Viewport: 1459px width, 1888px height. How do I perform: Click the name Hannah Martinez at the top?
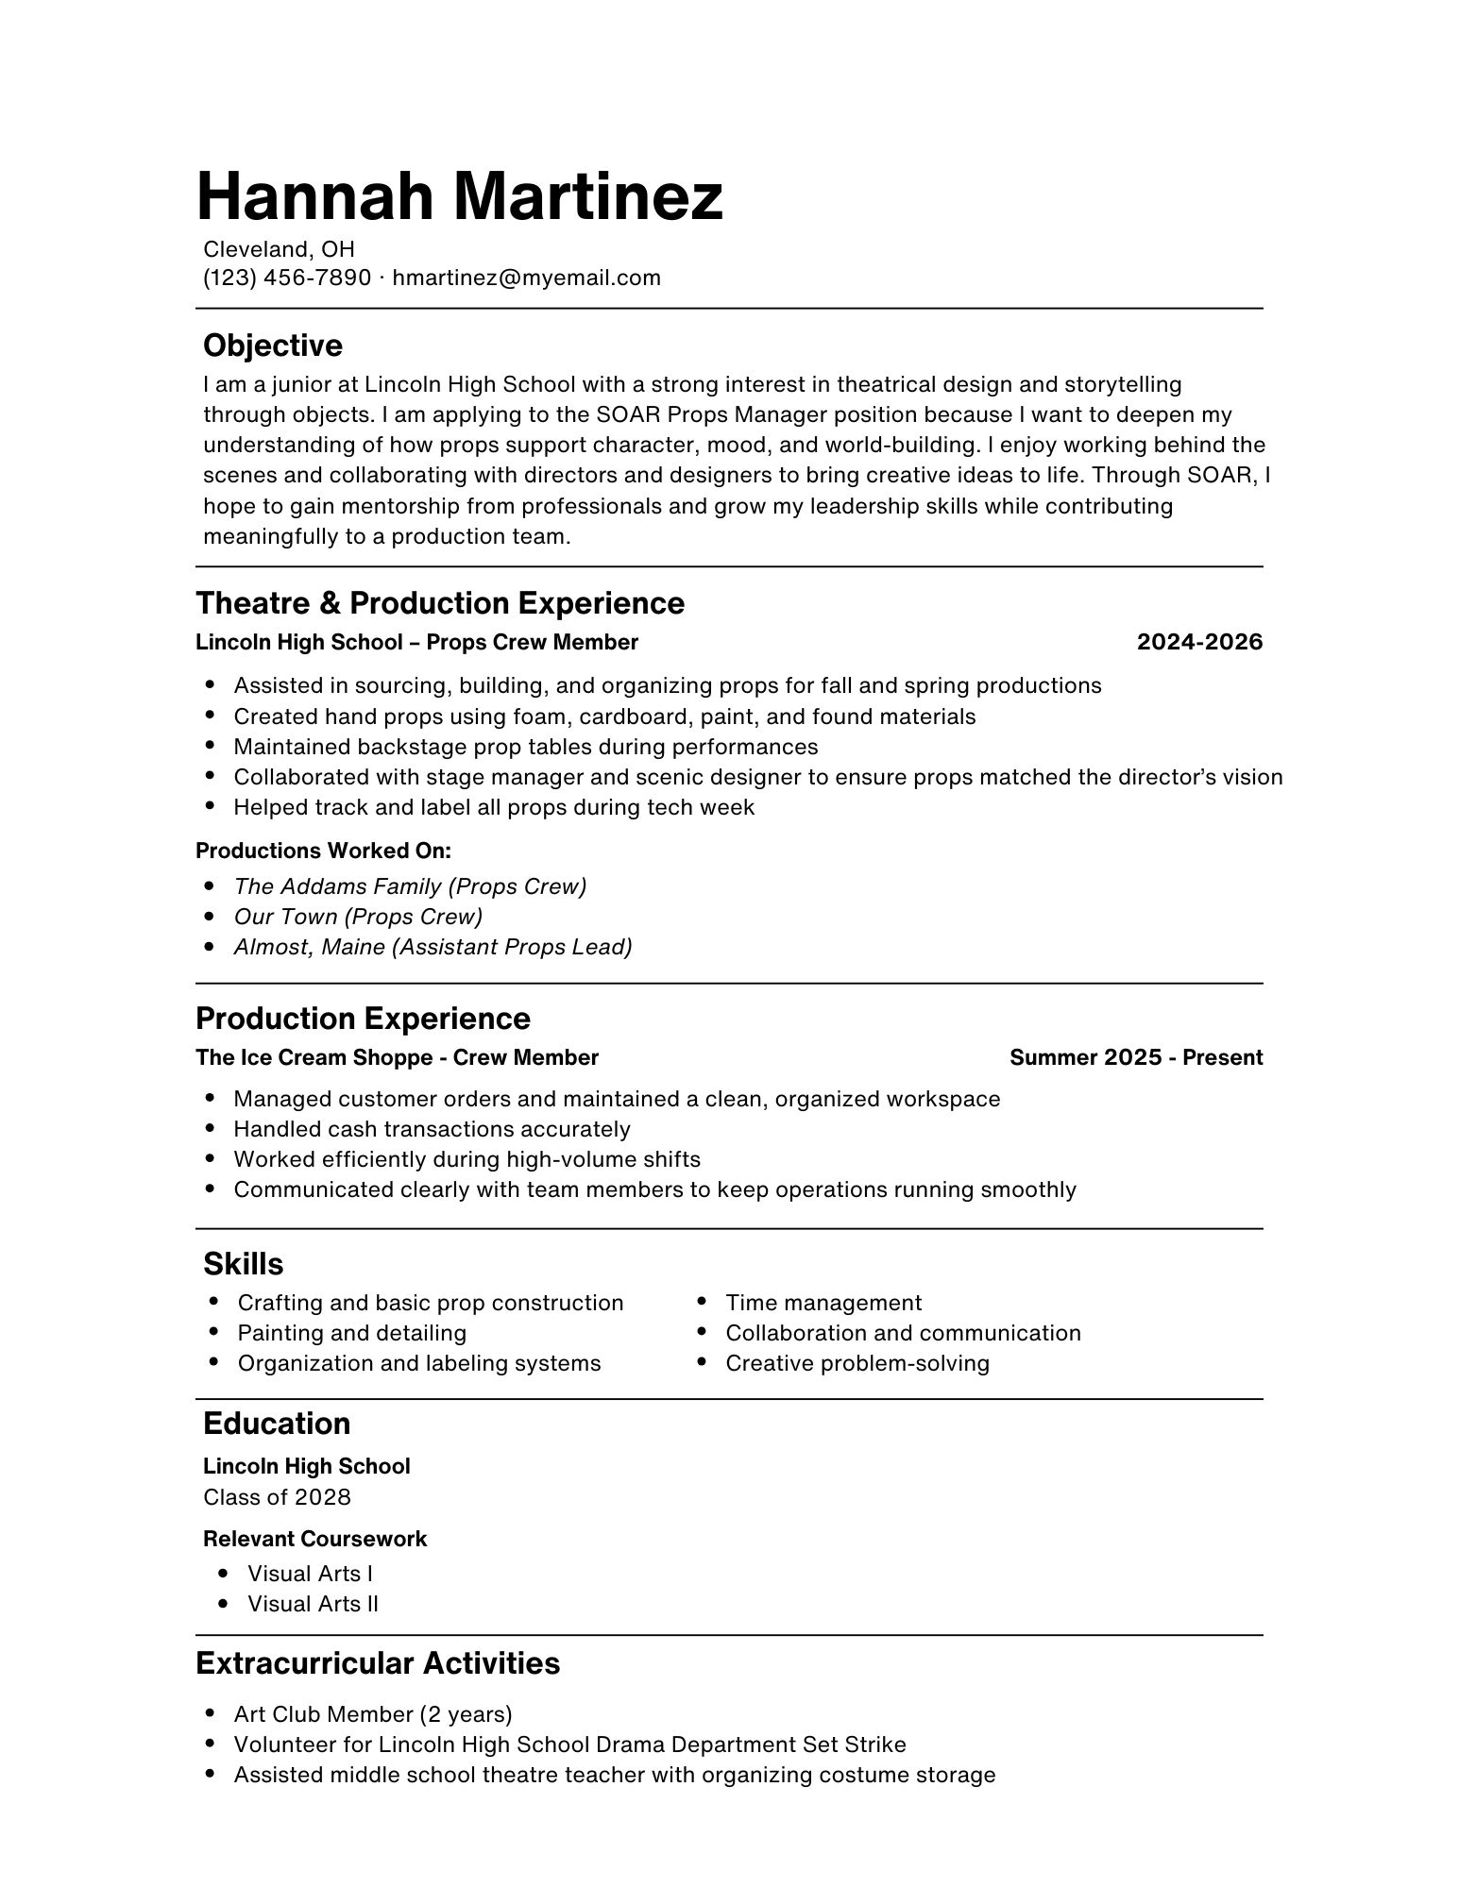click(459, 196)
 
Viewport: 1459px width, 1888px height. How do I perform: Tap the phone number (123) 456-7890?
click(287, 278)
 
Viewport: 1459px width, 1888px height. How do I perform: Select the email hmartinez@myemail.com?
click(526, 278)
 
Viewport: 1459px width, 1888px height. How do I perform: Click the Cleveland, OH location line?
click(279, 249)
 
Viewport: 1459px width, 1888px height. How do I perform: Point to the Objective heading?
click(272, 346)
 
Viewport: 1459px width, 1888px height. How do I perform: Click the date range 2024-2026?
click(1198, 643)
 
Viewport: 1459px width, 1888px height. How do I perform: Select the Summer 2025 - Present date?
click(1135, 1058)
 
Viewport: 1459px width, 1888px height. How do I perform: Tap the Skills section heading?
click(243, 1264)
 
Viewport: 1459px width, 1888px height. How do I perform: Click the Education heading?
click(276, 1424)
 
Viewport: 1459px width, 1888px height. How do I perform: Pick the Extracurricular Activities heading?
click(377, 1663)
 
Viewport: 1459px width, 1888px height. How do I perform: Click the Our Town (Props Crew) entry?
click(358, 917)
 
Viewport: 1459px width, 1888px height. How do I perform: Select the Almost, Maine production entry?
click(433, 947)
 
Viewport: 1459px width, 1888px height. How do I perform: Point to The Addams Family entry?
click(410, 886)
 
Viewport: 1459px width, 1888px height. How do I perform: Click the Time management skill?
click(823, 1303)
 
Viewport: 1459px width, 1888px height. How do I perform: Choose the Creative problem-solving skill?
click(857, 1363)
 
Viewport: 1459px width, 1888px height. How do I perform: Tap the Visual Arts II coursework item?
click(312, 1604)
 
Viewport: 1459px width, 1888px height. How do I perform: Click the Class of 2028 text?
click(277, 1497)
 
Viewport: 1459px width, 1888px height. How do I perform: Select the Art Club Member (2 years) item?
click(372, 1714)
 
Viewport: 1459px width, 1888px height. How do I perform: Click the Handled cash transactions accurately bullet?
click(432, 1130)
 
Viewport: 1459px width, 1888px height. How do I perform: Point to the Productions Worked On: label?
click(323, 851)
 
